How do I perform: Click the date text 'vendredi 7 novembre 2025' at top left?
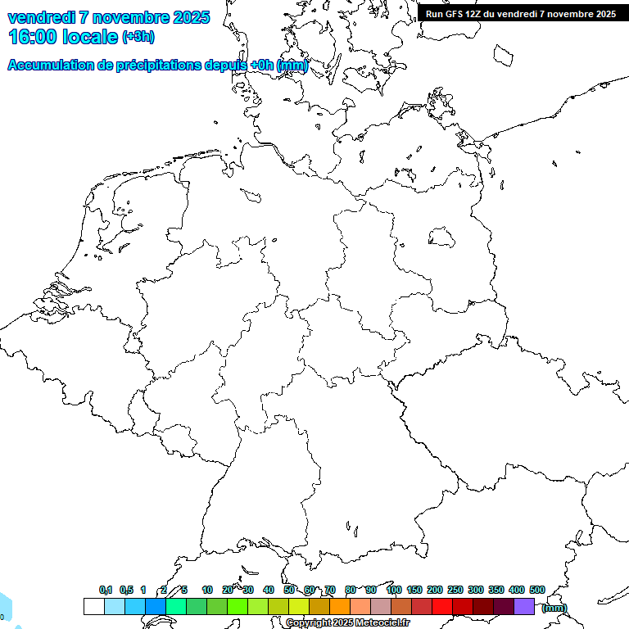(x=108, y=17)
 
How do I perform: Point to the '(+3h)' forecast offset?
(x=138, y=37)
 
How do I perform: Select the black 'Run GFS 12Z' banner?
(x=521, y=13)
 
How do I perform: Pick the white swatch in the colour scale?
(x=93, y=606)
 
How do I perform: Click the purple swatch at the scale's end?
(x=524, y=606)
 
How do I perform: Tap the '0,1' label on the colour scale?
(x=106, y=590)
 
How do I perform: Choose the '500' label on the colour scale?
(x=537, y=590)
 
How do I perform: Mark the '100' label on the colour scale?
(x=393, y=590)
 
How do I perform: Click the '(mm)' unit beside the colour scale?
(x=554, y=608)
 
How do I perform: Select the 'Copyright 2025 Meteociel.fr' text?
(x=347, y=623)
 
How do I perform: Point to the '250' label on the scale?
(x=455, y=590)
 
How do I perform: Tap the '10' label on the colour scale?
(x=207, y=590)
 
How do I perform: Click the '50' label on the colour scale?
(x=289, y=590)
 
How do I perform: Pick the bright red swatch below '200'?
(x=442, y=606)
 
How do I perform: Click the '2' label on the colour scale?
(x=164, y=590)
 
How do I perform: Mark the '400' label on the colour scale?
(x=516, y=590)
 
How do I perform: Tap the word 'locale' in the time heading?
(x=90, y=36)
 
